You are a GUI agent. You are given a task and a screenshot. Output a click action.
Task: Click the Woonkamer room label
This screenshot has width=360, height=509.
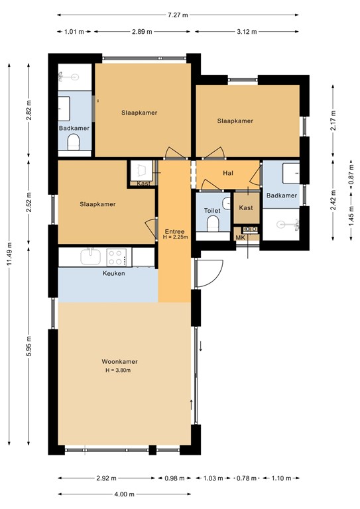tap(119, 361)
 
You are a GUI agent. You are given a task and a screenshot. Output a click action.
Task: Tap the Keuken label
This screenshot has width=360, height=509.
tap(113, 273)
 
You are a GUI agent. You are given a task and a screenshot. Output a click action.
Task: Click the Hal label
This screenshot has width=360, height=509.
tap(228, 173)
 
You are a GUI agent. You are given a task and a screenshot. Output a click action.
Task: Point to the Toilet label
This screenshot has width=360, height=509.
tap(211, 211)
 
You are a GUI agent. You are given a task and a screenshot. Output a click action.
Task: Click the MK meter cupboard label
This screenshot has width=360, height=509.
tap(240, 238)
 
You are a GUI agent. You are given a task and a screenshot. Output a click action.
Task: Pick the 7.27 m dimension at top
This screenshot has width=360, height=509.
tap(177, 14)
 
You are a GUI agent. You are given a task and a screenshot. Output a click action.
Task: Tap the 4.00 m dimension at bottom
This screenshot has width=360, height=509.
tap(124, 494)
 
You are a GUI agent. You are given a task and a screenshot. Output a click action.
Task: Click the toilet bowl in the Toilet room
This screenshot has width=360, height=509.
tap(212, 226)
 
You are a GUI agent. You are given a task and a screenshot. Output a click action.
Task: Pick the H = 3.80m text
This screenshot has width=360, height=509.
tap(119, 370)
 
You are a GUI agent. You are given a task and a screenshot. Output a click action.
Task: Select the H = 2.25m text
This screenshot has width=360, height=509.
tap(176, 237)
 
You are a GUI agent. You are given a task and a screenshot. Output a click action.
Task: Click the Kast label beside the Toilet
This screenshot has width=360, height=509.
tap(246, 207)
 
